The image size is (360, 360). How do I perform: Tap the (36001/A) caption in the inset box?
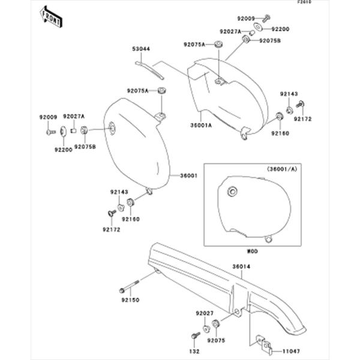[x=280, y=170]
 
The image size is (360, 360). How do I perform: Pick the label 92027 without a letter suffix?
[x=205, y=313]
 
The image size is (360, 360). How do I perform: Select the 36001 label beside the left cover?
[x=189, y=176]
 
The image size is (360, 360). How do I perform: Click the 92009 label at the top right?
[x=247, y=19]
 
